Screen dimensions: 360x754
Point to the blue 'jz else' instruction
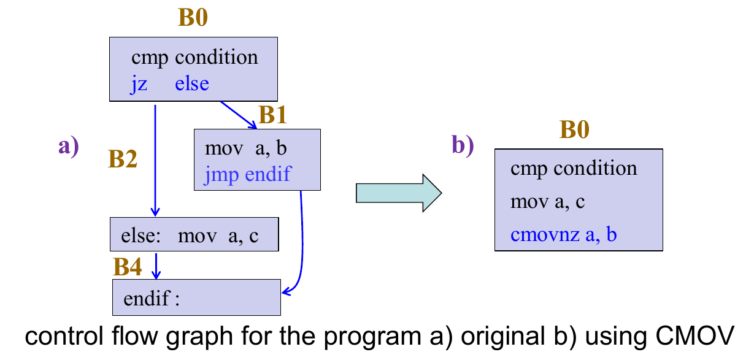(x=170, y=83)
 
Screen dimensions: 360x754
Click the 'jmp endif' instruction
(x=247, y=175)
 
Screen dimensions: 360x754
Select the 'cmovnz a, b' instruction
(x=563, y=234)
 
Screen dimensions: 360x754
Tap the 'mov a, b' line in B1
(x=246, y=148)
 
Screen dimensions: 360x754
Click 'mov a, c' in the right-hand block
(x=547, y=201)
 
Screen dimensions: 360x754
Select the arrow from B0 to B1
(x=239, y=115)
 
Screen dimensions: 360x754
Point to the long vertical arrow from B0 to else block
(x=155, y=159)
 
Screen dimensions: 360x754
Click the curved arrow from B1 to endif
(x=302, y=245)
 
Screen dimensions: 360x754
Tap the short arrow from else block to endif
(x=157, y=264)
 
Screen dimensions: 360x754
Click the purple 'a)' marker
(x=69, y=147)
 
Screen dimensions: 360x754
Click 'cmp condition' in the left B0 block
(x=194, y=58)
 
